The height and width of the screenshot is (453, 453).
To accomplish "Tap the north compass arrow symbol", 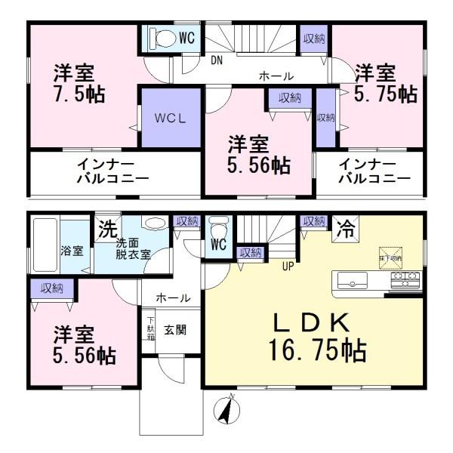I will [226, 409].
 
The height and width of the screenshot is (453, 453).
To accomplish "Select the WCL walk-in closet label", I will [171, 119].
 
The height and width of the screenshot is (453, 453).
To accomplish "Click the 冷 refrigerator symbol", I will [347, 224].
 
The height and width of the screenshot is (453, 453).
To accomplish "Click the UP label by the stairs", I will [288, 266].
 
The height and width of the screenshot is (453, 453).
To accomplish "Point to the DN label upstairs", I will [217, 60].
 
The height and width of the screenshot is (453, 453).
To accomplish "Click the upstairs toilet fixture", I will [159, 36].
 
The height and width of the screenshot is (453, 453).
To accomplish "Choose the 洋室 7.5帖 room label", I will [78, 84].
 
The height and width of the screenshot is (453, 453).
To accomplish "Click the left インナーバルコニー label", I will [112, 171].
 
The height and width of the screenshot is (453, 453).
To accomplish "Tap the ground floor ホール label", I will [173, 299].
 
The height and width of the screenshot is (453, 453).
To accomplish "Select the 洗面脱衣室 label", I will [133, 248].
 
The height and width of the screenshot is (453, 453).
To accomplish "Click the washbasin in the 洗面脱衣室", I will [153, 223].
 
